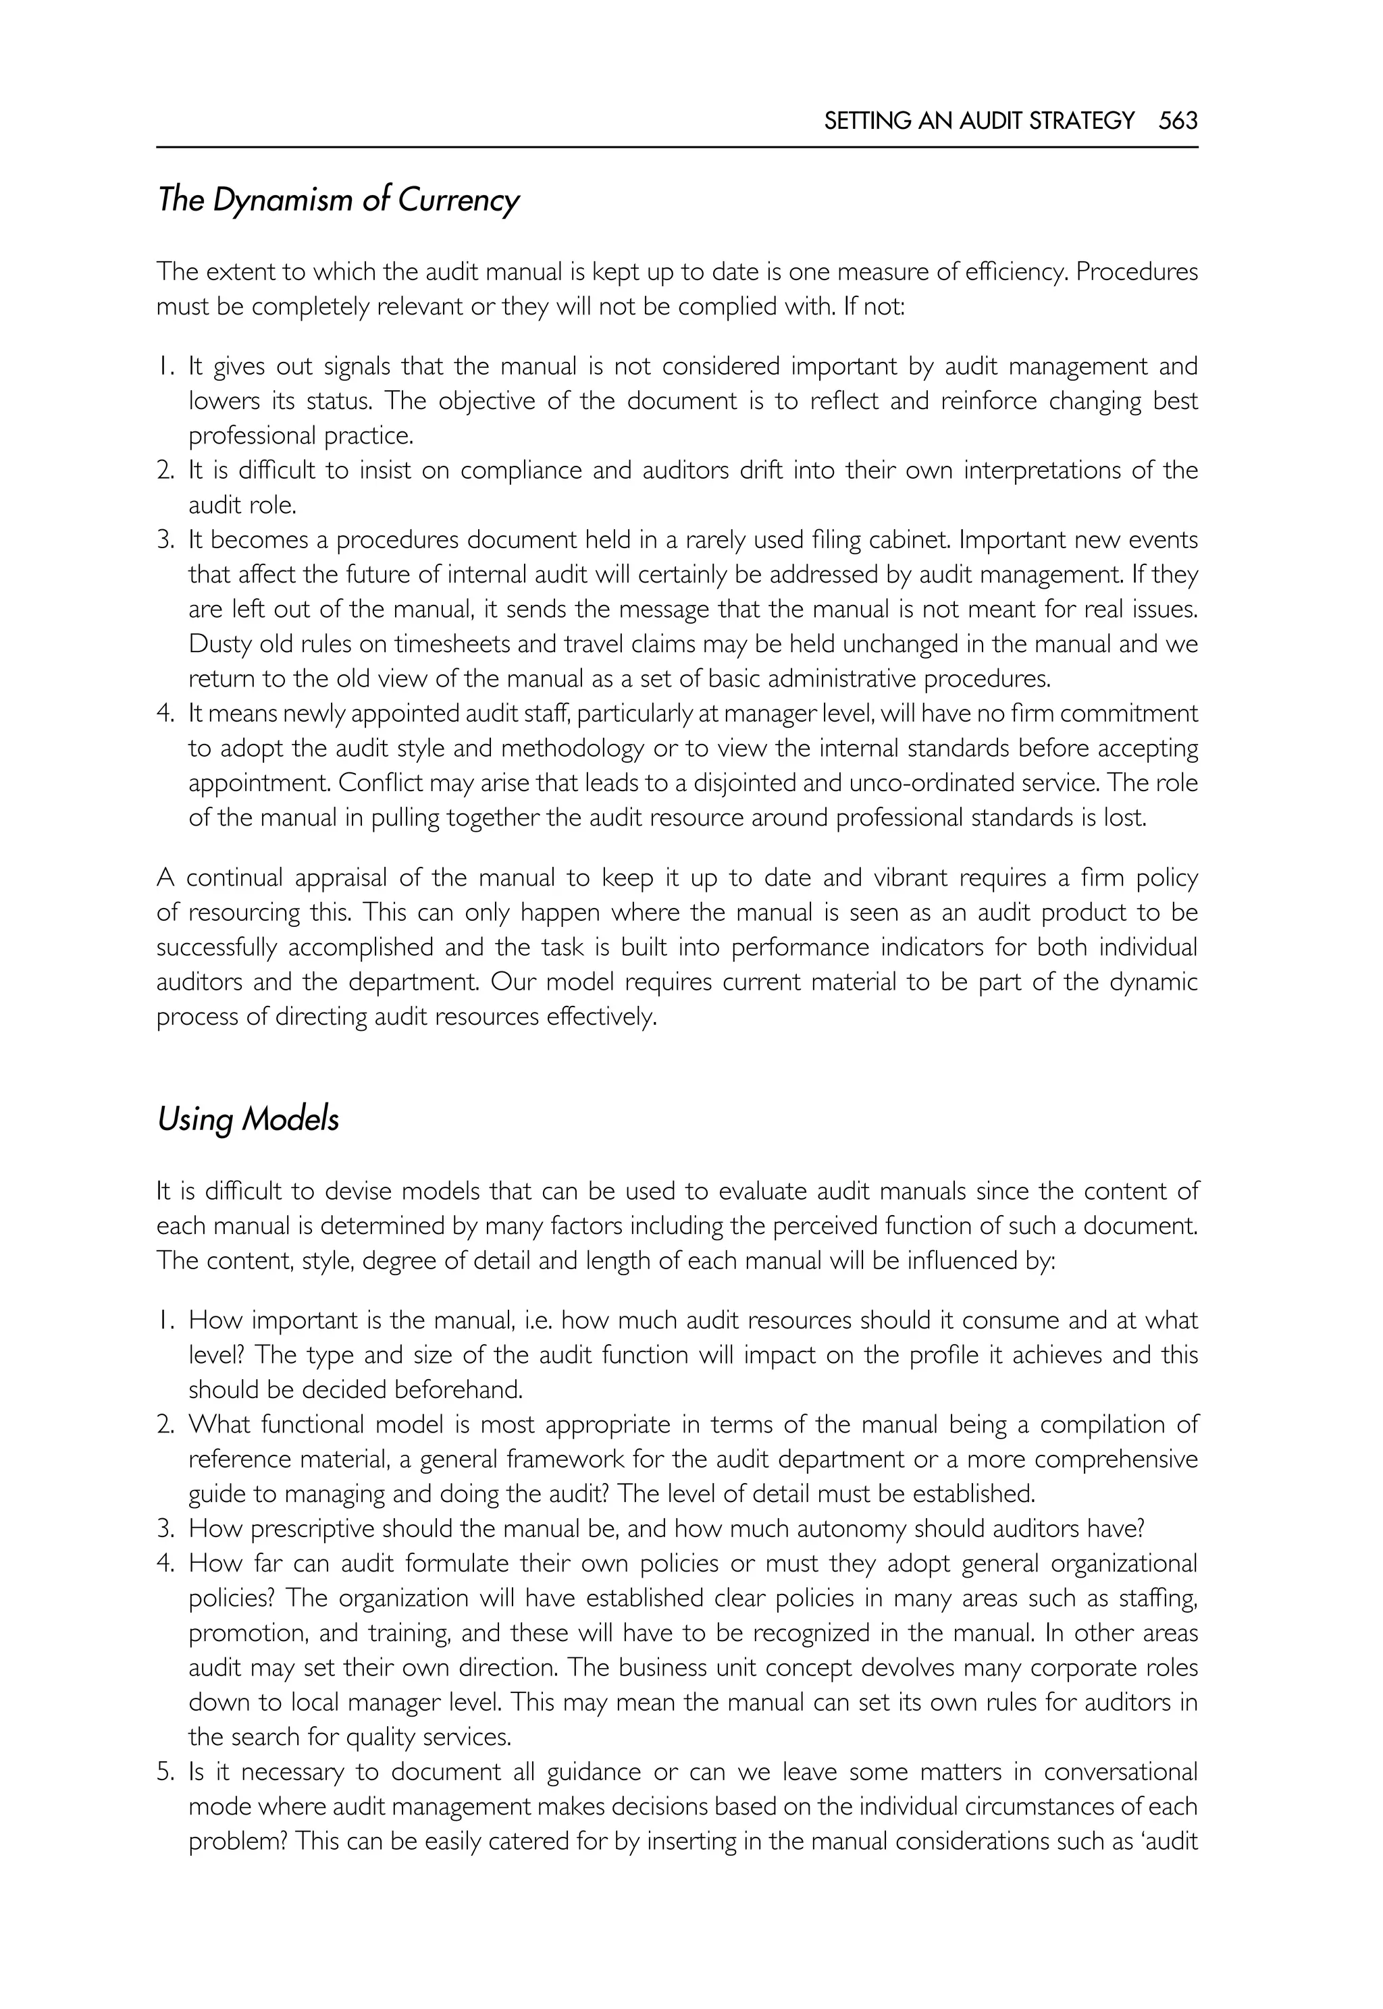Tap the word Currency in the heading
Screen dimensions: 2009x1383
459,201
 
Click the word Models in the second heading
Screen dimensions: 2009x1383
290,1119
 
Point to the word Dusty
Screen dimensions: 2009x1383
220,644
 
